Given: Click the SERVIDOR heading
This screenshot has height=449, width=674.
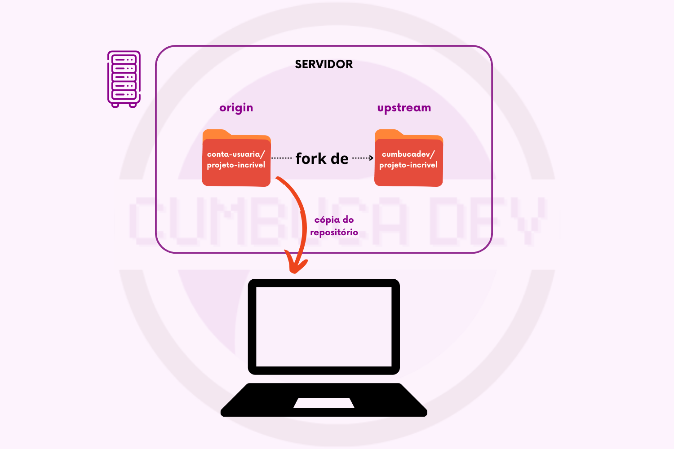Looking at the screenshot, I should [x=324, y=64].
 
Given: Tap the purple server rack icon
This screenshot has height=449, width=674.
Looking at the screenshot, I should [x=124, y=79].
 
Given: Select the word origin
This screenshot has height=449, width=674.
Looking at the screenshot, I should [x=236, y=108].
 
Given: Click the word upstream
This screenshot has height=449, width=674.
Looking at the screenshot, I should [x=404, y=108].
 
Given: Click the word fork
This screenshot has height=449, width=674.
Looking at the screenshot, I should [x=311, y=158].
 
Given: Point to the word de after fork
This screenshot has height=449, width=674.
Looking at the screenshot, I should [x=340, y=158].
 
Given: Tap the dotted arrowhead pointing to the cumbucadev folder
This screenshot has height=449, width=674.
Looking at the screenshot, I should [x=371, y=158].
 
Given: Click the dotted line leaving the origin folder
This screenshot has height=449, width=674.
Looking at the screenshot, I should [x=282, y=158].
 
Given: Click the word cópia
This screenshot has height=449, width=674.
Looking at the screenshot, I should [x=328, y=220].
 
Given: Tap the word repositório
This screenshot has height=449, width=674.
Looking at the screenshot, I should [x=334, y=232].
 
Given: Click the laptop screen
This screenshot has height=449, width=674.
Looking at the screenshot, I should [x=324, y=326].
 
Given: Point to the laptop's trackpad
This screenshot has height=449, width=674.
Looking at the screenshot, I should [x=324, y=403].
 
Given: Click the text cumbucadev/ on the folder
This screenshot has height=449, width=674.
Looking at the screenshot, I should [x=408, y=154].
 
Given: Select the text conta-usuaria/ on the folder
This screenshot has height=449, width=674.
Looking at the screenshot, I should [x=236, y=154].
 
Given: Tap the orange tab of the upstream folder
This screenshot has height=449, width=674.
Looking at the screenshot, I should [x=389, y=133].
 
